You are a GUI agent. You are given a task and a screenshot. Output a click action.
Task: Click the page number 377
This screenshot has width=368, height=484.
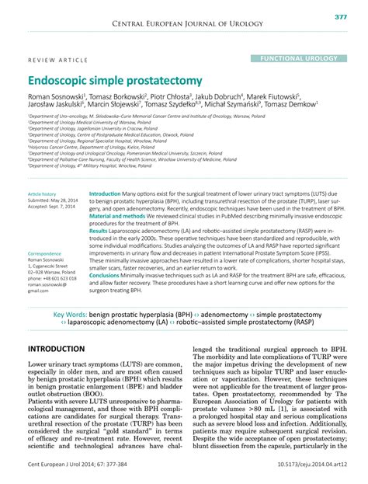pos(340,16)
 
